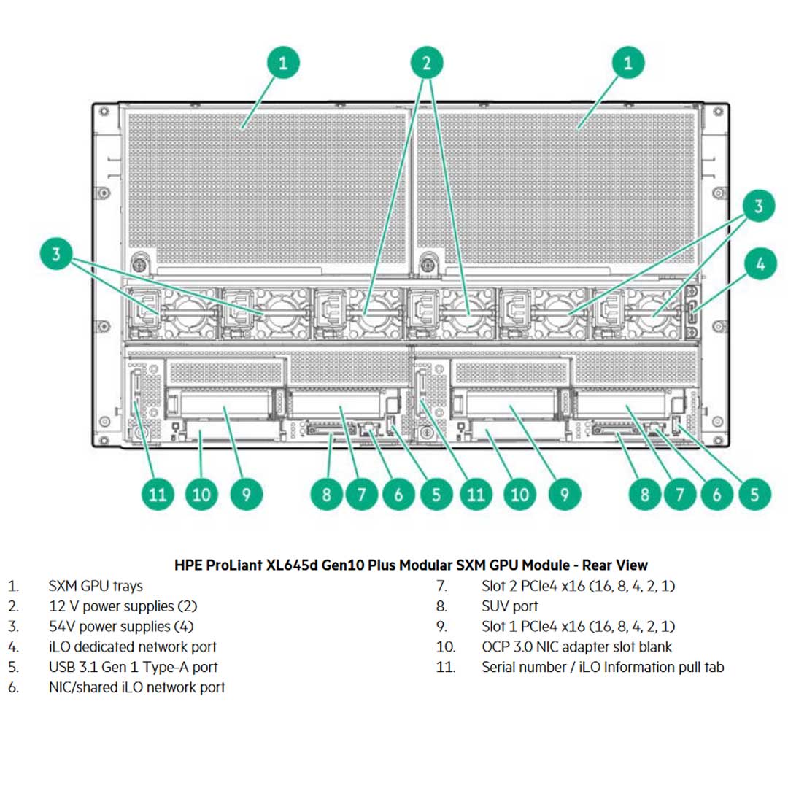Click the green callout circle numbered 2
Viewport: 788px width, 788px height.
pyautogui.click(x=427, y=63)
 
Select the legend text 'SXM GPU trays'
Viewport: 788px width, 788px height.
pyautogui.click(x=96, y=586)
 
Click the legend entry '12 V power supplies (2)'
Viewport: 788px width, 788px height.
pyautogui.click(x=123, y=606)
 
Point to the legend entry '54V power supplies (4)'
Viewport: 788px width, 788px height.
pyautogui.click(x=121, y=626)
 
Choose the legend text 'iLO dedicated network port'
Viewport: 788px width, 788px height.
pyautogui.click(x=132, y=646)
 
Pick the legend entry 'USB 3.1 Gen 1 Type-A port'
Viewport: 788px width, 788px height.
pyautogui.click(x=133, y=667)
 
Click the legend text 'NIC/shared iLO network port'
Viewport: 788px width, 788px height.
pyautogui.click(x=136, y=687)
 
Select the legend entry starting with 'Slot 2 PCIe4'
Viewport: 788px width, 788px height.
pyautogui.click(x=578, y=586)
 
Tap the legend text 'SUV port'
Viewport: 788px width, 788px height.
pyautogui.click(x=509, y=606)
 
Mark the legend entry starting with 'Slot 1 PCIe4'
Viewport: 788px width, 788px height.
pyautogui.click(x=578, y=626)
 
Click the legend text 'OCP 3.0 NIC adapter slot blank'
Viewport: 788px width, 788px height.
pyautogui.click(x=576, y=646)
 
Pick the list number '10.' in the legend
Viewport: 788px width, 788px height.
pyautogui.click(x=446, y=646)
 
